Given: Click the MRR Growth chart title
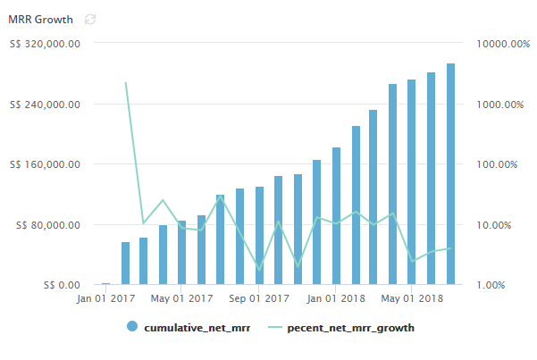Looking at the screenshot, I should pos(40,19).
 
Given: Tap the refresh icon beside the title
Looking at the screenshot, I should pos(89,19).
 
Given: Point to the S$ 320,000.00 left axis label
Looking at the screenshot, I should pos(46,43).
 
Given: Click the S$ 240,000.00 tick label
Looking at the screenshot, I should pos(46,104).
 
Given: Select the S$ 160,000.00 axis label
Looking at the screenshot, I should pos(46,164).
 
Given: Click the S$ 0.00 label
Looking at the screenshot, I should pos(60,285).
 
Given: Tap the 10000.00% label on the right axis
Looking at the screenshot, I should pos(500,43).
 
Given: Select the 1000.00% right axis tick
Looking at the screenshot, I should pos(502,104).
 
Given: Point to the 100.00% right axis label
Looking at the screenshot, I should pos(505,164).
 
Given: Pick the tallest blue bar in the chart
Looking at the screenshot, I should pos(451,174).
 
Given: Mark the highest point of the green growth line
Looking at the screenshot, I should pos(125,83).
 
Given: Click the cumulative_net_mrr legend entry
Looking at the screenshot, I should pos(189,327).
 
